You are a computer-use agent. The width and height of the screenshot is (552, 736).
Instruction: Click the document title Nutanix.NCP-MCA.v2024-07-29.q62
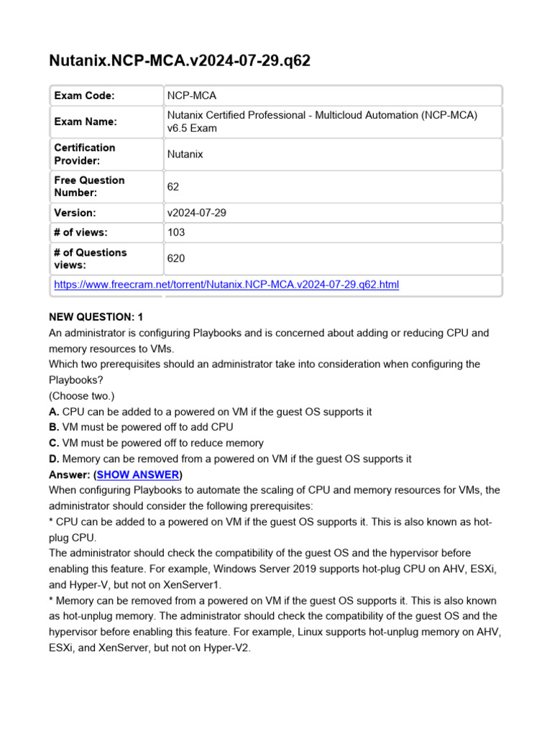[x=180, y=60]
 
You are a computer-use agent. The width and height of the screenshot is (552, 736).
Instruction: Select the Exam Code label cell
[x=84, y=96]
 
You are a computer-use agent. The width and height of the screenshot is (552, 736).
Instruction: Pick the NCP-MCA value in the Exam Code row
[x=191, y=96]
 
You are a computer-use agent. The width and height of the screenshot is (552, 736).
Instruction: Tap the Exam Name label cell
[x=85, y=121]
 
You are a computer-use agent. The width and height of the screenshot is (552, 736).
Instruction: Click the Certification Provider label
[x=84, y=154]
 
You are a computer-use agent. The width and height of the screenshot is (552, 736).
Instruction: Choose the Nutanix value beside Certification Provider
[x=185, y=154]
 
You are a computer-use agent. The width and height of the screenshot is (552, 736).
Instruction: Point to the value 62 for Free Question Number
[x=173, y=187]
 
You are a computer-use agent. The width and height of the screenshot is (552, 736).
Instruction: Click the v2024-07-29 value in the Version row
[x=196, y=213]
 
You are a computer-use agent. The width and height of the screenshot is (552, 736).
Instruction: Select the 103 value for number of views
[x=176, y=232]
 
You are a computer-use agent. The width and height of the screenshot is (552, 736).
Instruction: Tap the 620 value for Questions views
[x=176, y=259]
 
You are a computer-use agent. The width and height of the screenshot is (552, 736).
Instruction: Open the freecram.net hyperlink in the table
[x=226, y=285]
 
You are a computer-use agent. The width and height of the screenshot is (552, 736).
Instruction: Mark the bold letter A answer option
[x=54, y=412]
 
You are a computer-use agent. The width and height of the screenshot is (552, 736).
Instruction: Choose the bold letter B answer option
[x=54, y=427]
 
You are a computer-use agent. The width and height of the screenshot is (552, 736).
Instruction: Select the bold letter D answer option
[x=54, y=459]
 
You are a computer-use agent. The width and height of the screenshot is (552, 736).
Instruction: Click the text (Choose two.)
[x=81, y=396]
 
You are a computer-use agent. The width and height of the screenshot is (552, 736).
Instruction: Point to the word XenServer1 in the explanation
[x=194, y=584]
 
